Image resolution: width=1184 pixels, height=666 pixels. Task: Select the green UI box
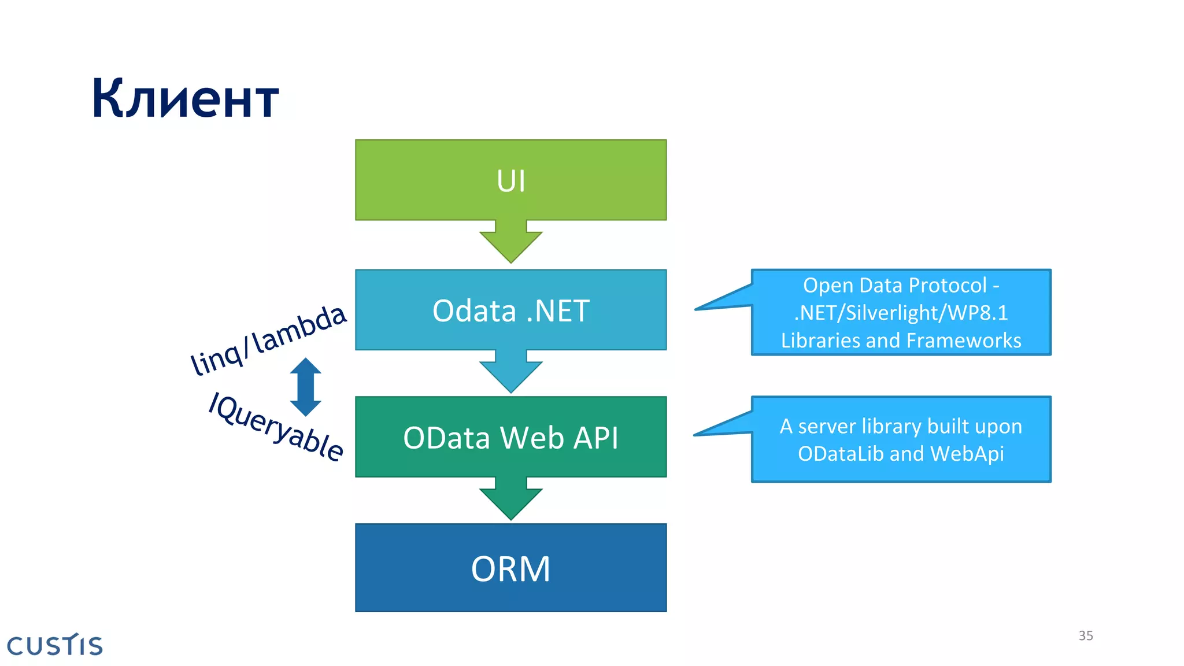click(510, 180)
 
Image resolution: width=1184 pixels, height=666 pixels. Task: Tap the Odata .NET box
click(510, 310)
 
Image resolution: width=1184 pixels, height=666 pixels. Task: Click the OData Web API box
click(510, 438)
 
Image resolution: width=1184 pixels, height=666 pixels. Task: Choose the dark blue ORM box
click(510, 568)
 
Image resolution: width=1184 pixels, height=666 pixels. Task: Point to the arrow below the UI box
click(510, 243)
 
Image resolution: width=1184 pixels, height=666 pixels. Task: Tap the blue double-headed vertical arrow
click(305, 387)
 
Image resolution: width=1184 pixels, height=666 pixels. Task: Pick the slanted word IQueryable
click(276, 427)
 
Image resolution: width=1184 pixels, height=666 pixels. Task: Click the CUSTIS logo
click(55, 645)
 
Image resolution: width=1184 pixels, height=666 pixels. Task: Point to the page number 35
click(1085, 636)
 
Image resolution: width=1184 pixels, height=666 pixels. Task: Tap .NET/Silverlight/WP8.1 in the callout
click(901, 313)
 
